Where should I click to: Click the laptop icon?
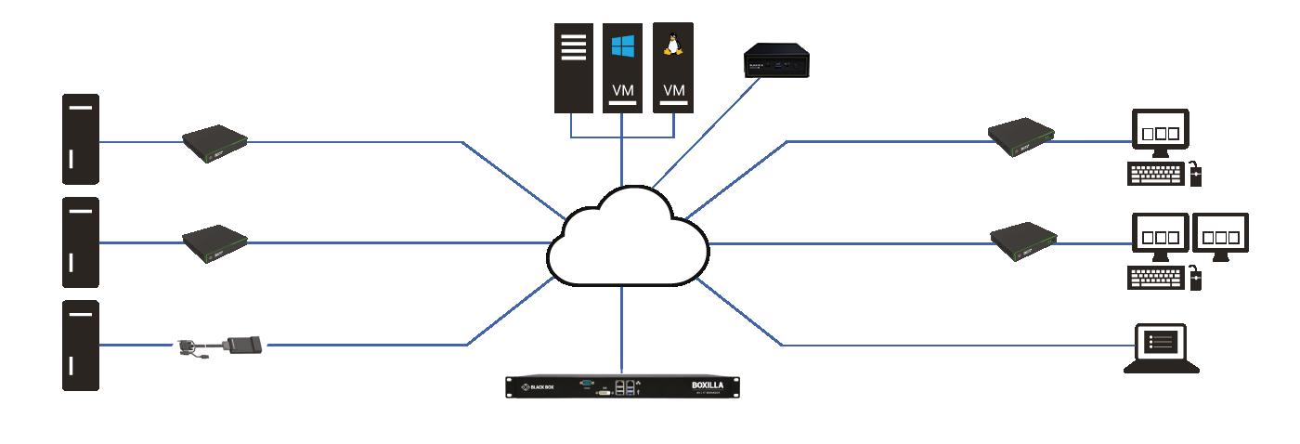(1161, 349)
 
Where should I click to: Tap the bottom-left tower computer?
(81, 345)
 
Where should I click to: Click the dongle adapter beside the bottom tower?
(223, 346)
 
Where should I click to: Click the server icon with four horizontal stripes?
(573, 67)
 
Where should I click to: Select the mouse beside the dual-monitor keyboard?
(1196, 276)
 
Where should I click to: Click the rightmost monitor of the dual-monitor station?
(1220, 236)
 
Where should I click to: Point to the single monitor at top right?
(1160, 133)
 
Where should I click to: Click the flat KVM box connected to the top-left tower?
(214, 140)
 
